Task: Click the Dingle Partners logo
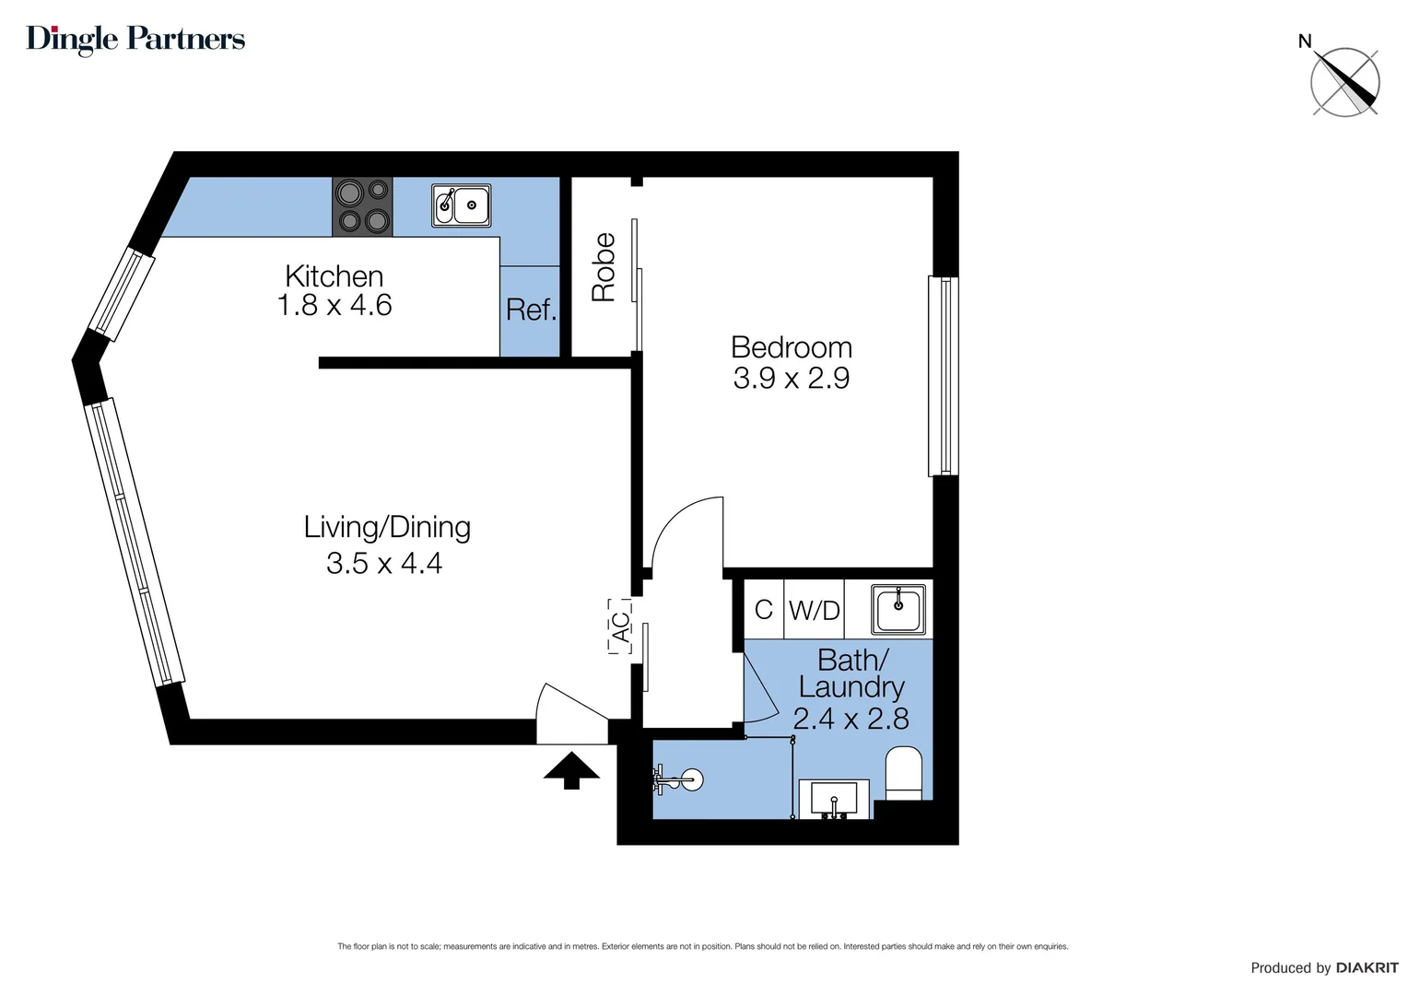click(135, 39)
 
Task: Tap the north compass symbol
click(1344, 82)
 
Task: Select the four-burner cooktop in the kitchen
click(362, 206)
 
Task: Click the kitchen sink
click(462, 205)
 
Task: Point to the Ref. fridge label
click(531, 310)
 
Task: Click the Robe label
click(604, 267)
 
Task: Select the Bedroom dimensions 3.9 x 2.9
click(791, 379)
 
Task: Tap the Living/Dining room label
click(387, 527)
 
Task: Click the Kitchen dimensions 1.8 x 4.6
click(334, 306)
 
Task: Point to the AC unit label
click(620, 626)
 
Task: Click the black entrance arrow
click(571, 770)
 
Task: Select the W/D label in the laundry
click(815, 610)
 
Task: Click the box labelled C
click(763, 610)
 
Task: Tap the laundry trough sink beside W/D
click(899, 609)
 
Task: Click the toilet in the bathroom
click(903, 774)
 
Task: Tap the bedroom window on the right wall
click(943, 376)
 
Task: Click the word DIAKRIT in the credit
click(1367, 967)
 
